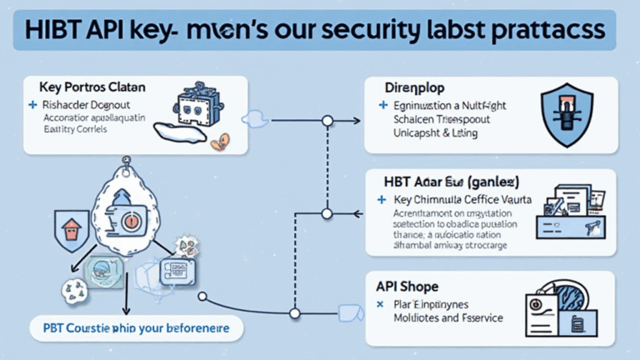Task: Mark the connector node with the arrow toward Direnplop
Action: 327,122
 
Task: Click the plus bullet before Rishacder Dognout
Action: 32,106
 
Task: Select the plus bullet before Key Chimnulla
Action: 382,200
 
